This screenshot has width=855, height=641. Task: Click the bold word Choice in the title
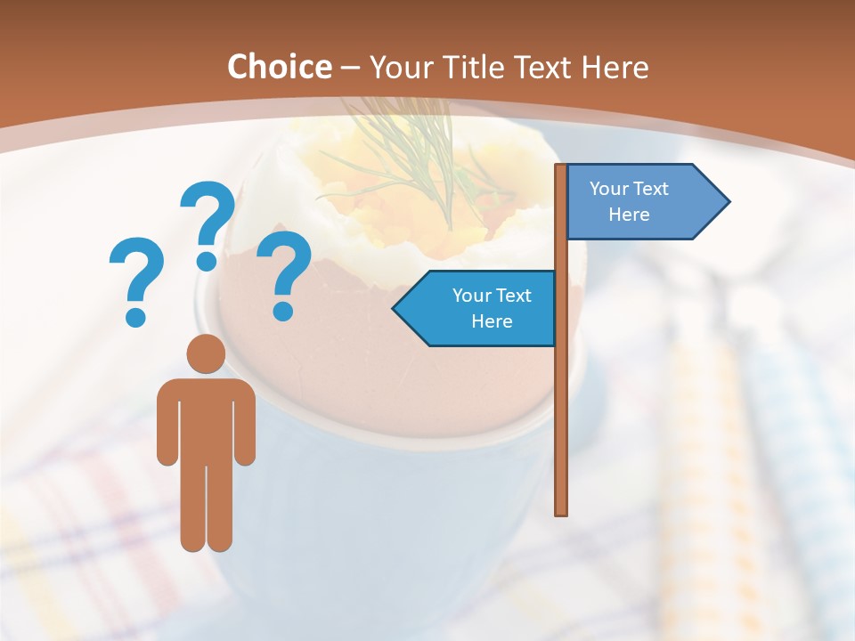pos(279,67)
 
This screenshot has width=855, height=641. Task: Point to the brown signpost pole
pos(561,401)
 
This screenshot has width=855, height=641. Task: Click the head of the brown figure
pos(206,353)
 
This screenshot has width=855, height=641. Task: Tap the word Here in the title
pos(614,67)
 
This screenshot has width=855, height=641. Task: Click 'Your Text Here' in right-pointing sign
pos(629,201)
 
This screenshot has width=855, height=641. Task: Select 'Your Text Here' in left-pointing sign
pos(492,308)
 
